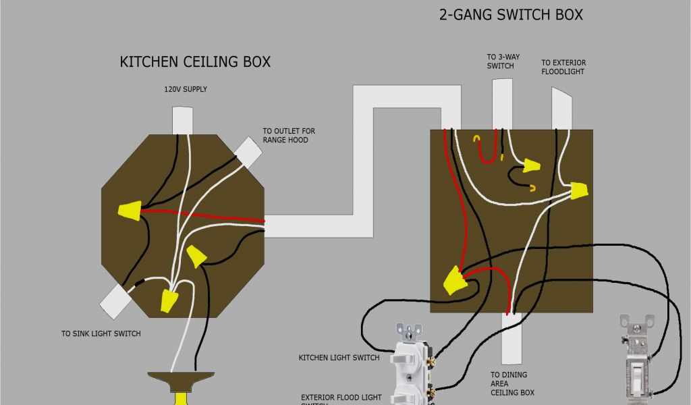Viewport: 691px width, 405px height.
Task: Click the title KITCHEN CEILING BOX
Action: coord(195,62)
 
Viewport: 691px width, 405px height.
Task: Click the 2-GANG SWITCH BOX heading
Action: coord(511,14)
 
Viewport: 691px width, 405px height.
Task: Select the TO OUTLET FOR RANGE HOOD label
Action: coord(289,135)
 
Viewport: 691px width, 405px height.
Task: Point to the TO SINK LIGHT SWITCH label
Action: coord(101,333)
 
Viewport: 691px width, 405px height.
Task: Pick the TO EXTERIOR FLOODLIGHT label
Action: coord(563,67)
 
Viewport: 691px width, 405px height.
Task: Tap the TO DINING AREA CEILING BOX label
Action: coord(509,383)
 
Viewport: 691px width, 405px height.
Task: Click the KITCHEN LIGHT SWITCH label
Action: coord(338,357)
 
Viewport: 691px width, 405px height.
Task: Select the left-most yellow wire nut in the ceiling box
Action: coord(129,212)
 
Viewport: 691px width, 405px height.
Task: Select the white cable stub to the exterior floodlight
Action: coord(561,109)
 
